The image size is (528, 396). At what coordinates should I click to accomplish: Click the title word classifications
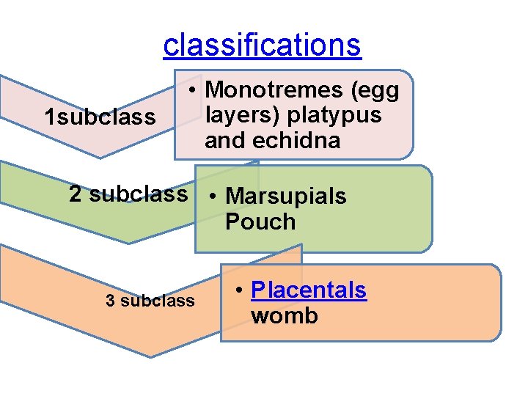pos(262,45)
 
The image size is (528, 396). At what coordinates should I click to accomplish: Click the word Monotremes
pos(275,90)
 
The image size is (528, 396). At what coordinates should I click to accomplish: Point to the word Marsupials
pos(286,197)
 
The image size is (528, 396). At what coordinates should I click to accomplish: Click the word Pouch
pos(260,221)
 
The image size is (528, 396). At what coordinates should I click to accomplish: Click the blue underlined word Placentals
pos(308,290)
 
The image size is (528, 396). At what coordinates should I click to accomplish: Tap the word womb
pos(285,316)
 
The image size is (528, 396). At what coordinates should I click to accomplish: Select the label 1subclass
pos(100,117)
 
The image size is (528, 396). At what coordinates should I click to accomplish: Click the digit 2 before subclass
pos(76,194)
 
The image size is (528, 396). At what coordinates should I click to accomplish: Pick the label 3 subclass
pos(150,301)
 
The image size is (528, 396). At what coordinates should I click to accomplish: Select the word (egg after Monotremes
pos(375,90)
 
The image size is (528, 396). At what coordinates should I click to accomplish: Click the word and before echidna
pos(224,140)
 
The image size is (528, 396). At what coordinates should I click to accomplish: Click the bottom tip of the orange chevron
pos(151,356)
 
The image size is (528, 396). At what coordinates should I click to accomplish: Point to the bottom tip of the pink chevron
pos(100,157)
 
